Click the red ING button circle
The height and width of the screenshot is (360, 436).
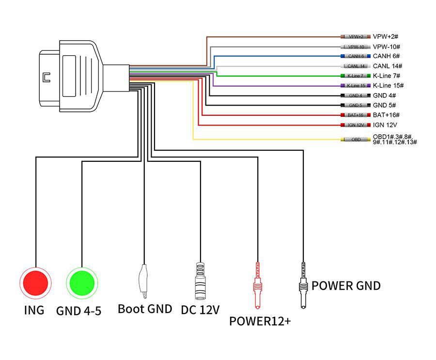(35, 282)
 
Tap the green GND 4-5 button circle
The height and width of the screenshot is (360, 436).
(82, 282)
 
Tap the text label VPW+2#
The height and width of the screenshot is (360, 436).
(386, 37)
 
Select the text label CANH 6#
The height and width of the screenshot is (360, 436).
(386, 56)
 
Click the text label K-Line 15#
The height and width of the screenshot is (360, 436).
(388, 86)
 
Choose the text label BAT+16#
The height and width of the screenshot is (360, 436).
(386, 115)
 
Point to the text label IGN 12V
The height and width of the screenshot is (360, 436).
(385, 125)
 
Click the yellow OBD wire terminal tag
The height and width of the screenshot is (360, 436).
(356, 140)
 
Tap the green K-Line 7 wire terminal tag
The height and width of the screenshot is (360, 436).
(356, 76)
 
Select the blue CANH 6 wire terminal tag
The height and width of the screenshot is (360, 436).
(356, 56)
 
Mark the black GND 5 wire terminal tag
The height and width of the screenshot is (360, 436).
(356, 105)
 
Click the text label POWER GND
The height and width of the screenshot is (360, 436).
(346, 285)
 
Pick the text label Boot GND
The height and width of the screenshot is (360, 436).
(145, 309)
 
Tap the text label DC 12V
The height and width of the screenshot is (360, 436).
(200, 310)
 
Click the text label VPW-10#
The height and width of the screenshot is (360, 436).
(386, 47)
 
